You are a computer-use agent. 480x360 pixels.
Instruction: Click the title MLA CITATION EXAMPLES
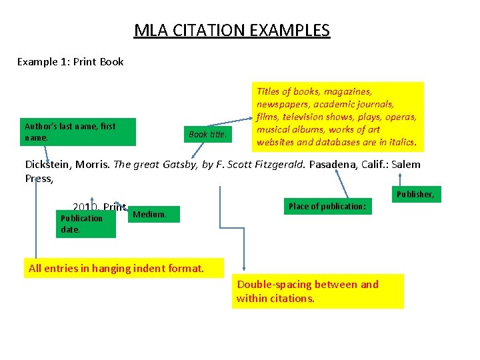point(231,31)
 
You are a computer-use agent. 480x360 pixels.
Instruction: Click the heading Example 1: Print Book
point(71,62)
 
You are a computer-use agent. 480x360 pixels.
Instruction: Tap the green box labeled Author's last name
point(79,131)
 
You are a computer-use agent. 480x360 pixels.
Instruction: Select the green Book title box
point(208,135)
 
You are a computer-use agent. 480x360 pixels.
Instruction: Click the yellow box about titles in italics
point(337,117)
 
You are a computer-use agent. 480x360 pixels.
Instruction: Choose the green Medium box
point(154,214)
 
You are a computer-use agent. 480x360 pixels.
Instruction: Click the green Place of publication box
point(327,207)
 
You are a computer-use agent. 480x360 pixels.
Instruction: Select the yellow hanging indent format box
point(115,269)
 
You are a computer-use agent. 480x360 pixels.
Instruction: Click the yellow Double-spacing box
point(318,291)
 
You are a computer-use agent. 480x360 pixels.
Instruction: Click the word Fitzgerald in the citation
point(274,165)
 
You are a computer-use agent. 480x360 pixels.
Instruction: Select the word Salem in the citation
point(407,165)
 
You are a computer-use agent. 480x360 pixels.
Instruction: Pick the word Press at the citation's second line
point(37,179)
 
